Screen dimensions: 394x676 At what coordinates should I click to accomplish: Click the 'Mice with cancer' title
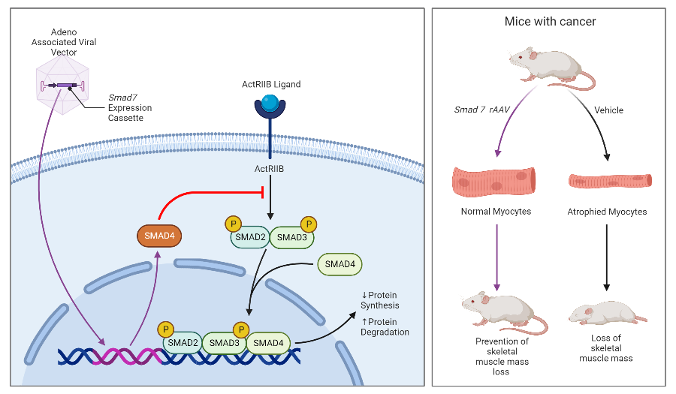(x=550, y=22)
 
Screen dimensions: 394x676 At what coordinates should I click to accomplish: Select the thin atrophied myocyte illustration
(x=608, y=181)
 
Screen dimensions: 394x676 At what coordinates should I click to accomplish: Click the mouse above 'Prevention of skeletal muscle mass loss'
(x=499, y=310)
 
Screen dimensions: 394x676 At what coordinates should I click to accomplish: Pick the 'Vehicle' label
(x=608, y=110)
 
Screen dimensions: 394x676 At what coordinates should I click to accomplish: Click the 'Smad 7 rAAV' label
(x=480, y=110)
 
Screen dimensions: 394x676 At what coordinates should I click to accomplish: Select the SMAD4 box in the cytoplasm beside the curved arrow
(x=340, y=263)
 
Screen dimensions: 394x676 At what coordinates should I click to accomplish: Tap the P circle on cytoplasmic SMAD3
(x=306, y=224)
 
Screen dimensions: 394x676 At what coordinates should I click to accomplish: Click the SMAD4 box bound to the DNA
(x=269, y=343)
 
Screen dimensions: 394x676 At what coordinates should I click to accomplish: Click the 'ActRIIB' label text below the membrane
(x=267, y=170)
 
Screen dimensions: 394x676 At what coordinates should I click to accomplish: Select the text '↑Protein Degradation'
(x=385, y=327)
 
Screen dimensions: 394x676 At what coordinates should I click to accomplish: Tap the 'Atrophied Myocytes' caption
(x=607, y=212)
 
